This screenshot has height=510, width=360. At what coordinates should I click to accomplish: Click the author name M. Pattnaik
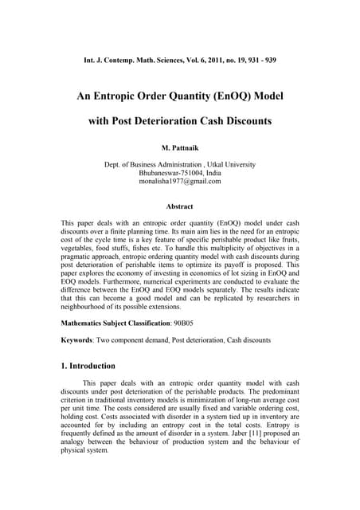[180, 149]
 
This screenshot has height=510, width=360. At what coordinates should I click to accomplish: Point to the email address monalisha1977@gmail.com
[180, 182]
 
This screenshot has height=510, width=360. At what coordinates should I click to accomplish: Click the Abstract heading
[180, 206]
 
